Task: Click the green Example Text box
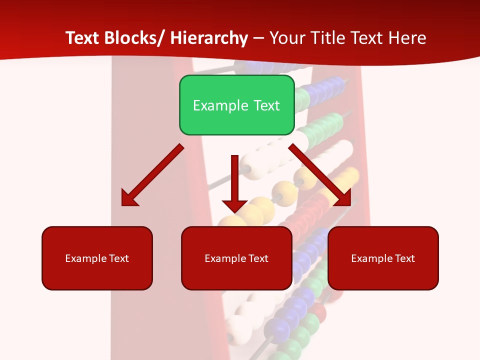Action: click(236, 105)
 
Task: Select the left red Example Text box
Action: click(97, 258)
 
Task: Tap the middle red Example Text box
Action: click(236, 258)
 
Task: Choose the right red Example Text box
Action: click(383, 258)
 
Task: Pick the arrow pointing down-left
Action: click(152, 175)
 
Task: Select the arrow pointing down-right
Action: click(320, 175)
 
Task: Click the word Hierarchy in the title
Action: click(209, 38)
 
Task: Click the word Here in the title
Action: click(407, 38)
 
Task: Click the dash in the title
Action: click(258, 38)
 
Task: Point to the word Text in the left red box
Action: click(119, 258)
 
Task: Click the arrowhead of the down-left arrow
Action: click(129, 198)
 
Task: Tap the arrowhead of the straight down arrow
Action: click(234, 204)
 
